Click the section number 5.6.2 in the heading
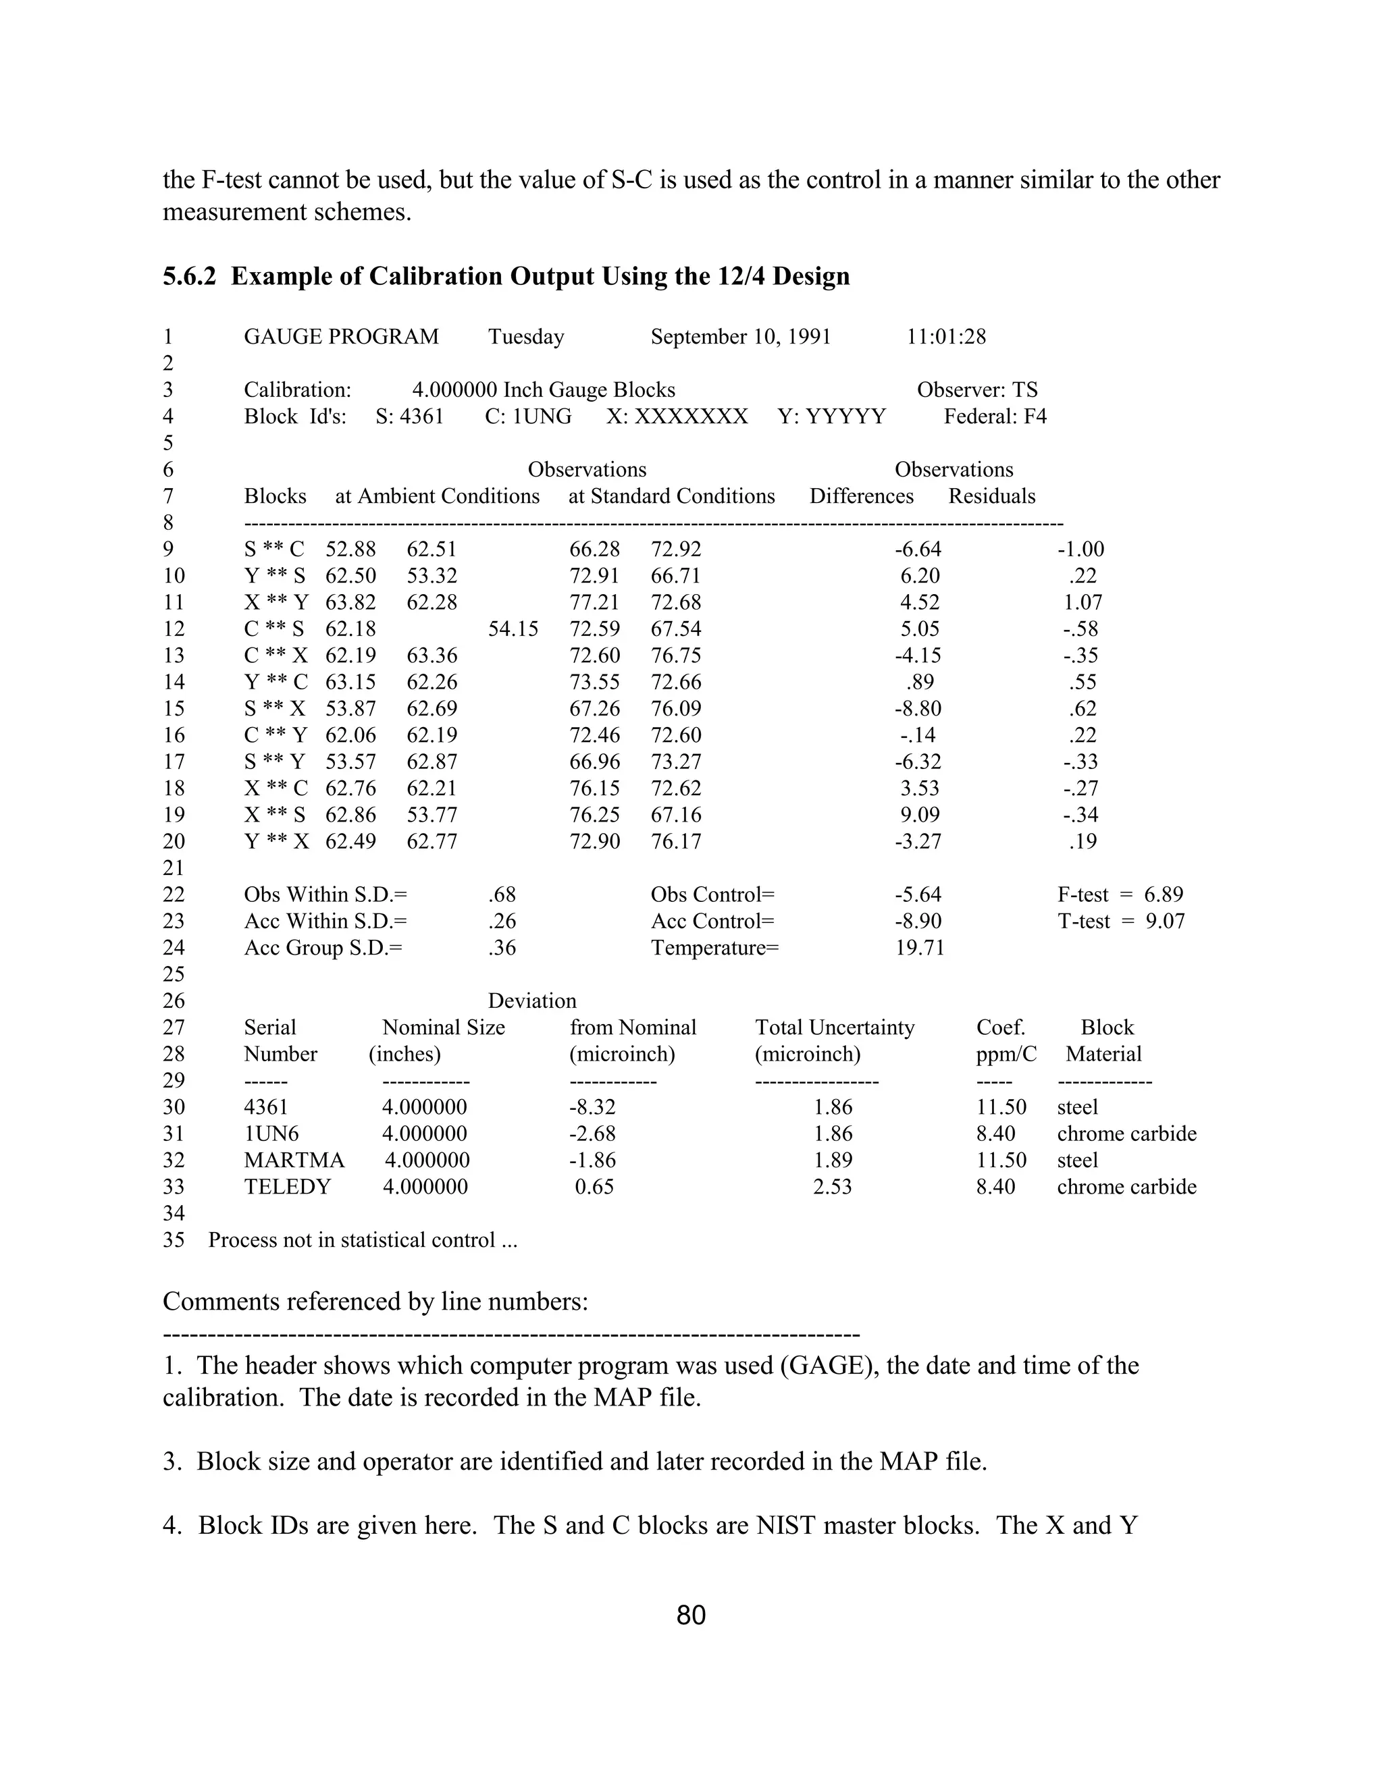pyautogui.click(x=188, y=277)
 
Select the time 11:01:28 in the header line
pyautogui.click(x=945, y=337)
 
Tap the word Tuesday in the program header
pyautogui.click(x=526, y=337)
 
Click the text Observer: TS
pyautogui.click(x=976, y=390)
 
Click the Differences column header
pyautogui.click(x=861, y=496)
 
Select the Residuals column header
pyautogui.click(x=991, y=496)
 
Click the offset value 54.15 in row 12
pyautogui.click(x=513, y=629)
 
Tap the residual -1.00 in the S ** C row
pyautogui.click(x=1080, y=549)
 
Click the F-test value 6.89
pyautogui.click(x=1164, y=894)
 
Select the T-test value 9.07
pyautogui.click(x=1164, y=921)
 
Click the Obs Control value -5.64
pyautogui.click(x=918, y=894)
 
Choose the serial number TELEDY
pyautogui.click(x=287, y=1187)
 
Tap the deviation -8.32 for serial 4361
pyautogui.click(x=592, y=1107)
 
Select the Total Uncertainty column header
pyautogui.click(x=834, y=1027)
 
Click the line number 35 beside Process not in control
pyautogui.click(x=174, y=1240)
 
